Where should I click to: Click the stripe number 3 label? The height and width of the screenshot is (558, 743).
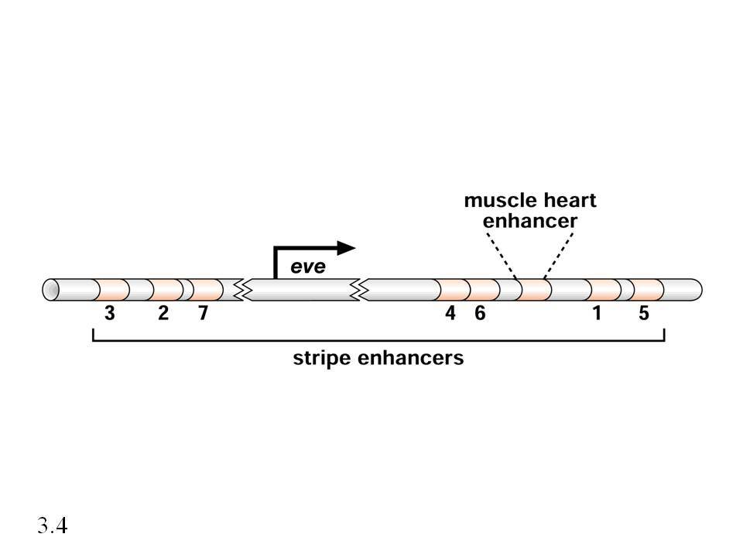point(109,313)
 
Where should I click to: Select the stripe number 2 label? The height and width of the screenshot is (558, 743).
point(163,313)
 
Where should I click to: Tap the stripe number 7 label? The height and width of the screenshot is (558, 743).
point(203,313)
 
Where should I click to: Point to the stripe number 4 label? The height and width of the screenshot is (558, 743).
point(450,313)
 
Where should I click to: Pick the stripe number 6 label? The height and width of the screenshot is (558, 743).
point(480,313)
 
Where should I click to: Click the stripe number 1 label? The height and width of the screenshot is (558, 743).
point(597,313)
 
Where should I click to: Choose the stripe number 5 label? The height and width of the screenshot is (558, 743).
point(643,313)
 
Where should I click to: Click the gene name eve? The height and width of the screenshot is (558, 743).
point(308,267)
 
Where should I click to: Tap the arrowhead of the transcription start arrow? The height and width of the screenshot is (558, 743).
point(347,248)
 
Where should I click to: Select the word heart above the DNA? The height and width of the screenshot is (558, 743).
point(569,200)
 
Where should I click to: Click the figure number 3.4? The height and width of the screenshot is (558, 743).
point(53,525)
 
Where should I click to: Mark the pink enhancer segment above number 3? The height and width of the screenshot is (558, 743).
point(111,290)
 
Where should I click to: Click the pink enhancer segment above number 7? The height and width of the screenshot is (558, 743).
point(206,290)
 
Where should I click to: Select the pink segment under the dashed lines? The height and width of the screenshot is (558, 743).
point(534,290)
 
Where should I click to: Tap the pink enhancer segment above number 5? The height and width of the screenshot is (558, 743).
point(648,290)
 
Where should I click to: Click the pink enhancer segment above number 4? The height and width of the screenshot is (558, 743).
point(453,290)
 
